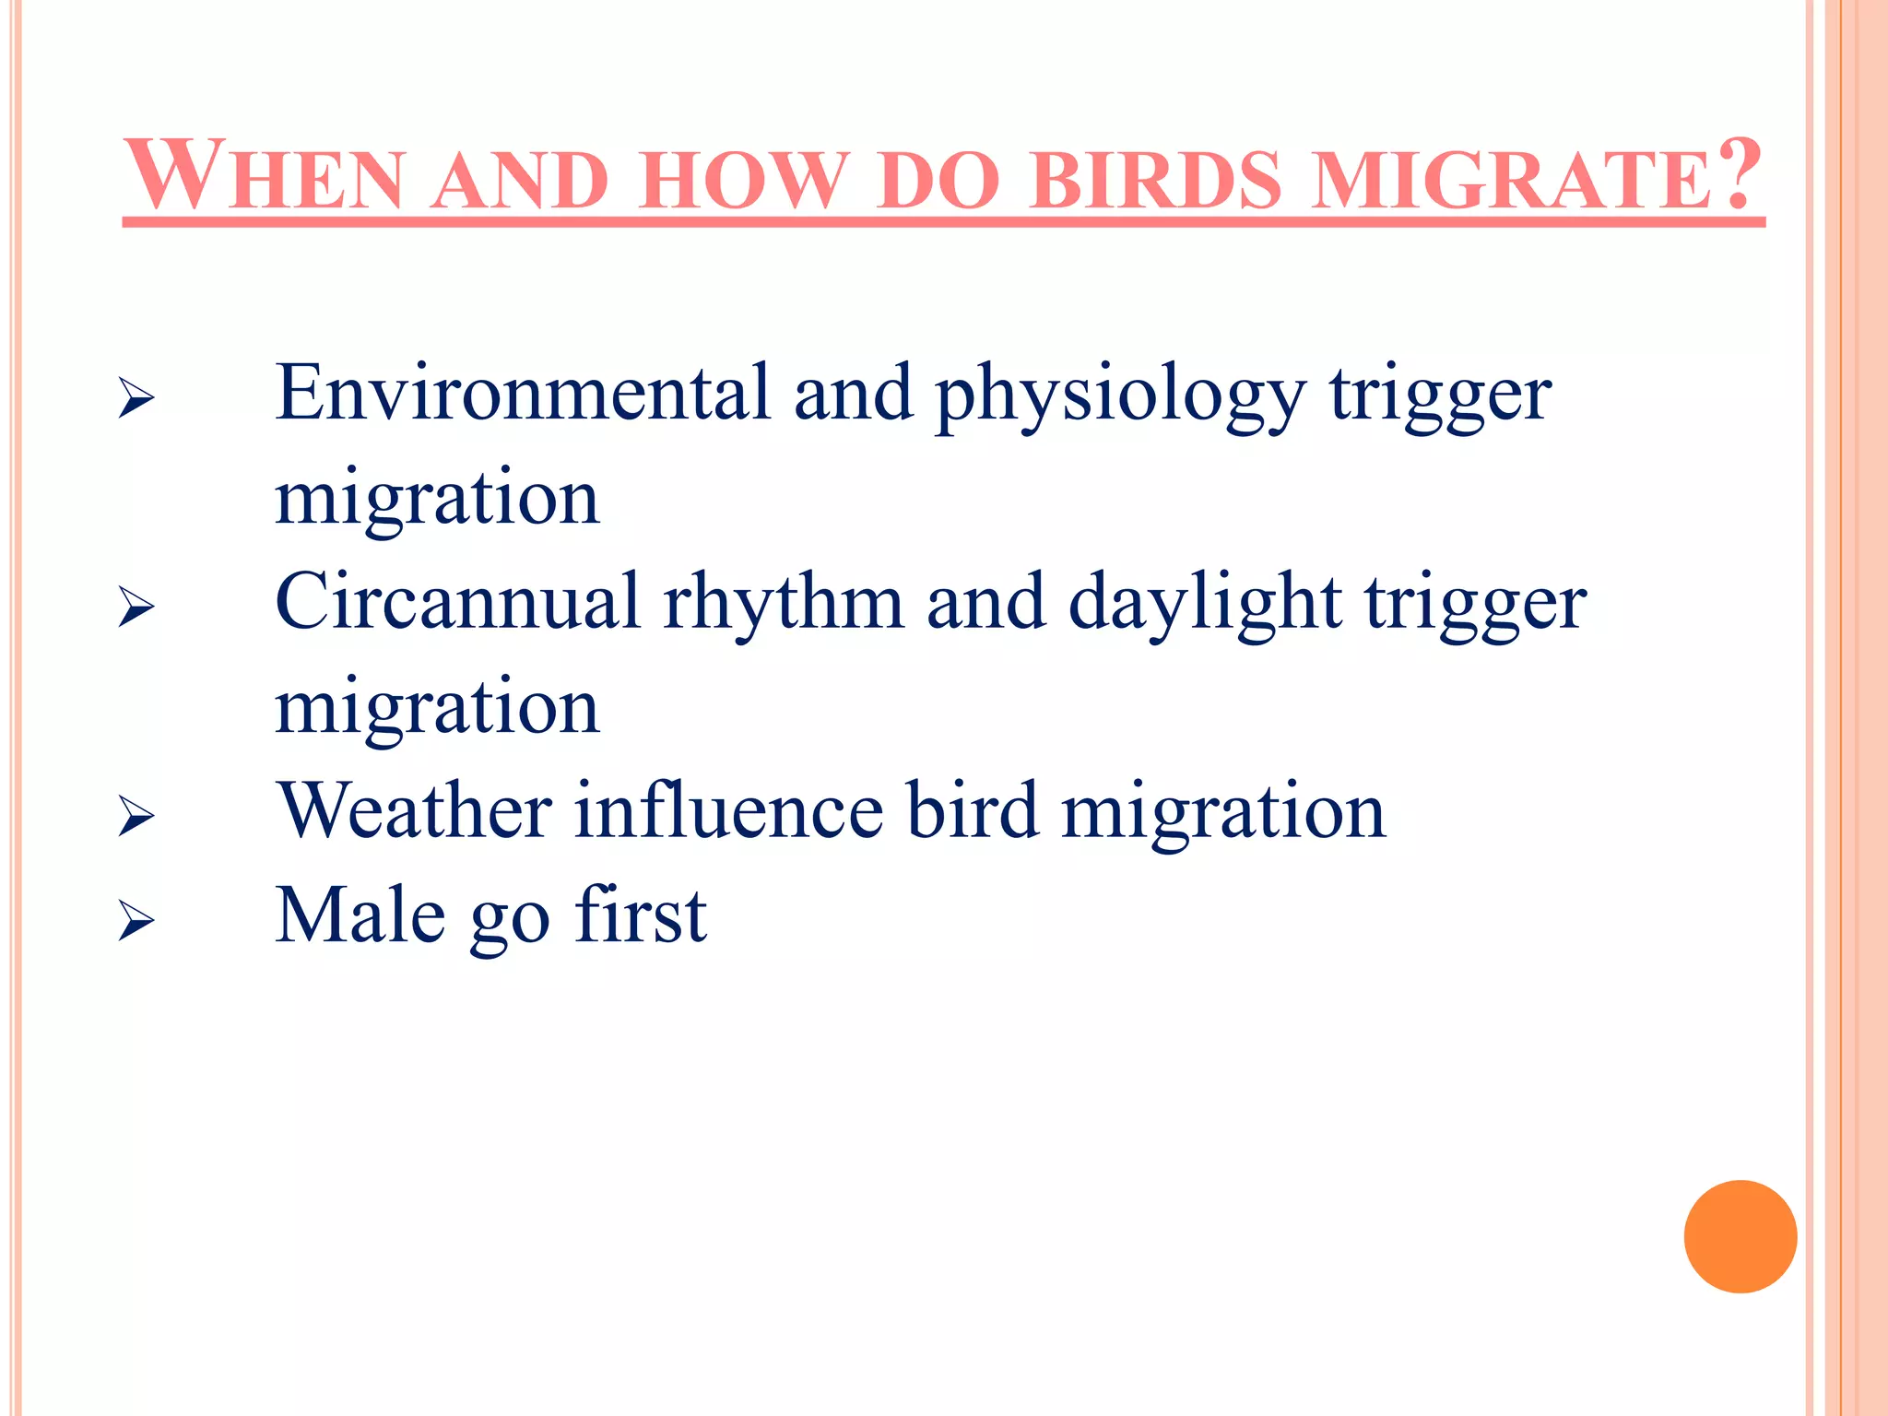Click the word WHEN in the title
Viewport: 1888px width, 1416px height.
(x=265, y=176)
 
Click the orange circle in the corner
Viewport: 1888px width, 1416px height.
(x=1740, y=1236)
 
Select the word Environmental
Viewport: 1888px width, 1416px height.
(x=522, y=394)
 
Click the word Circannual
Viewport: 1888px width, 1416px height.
(x=457, y=602)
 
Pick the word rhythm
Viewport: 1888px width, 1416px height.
(x=784, y=604)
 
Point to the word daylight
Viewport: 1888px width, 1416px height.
(x=1204, y=604)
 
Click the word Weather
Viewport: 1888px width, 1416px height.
(x=415, y=811)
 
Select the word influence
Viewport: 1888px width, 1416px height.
(x=729, y=811)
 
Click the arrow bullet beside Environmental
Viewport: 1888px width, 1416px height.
(x=136, y=400)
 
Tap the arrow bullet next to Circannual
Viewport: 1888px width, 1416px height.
(x=136, y=608)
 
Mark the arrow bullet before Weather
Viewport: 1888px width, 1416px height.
(x=136, y=818)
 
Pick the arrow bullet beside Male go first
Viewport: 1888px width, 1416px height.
(x=136, y=922)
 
